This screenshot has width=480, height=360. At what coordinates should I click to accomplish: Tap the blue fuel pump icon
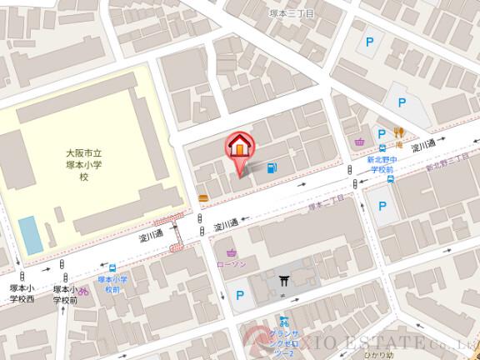tap(272, 168)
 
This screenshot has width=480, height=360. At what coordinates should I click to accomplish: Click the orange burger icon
tap(203, 197)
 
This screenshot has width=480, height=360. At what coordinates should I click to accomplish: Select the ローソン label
tap(231, 263)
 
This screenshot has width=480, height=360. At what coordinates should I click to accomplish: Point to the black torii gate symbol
tap(285, 281)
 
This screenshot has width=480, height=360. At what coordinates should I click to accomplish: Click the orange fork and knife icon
tap(400, 132)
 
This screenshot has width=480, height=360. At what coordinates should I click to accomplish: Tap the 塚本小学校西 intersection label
tap(22, 292)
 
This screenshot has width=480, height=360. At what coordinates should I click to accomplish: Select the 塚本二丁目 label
tap(326, 203)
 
